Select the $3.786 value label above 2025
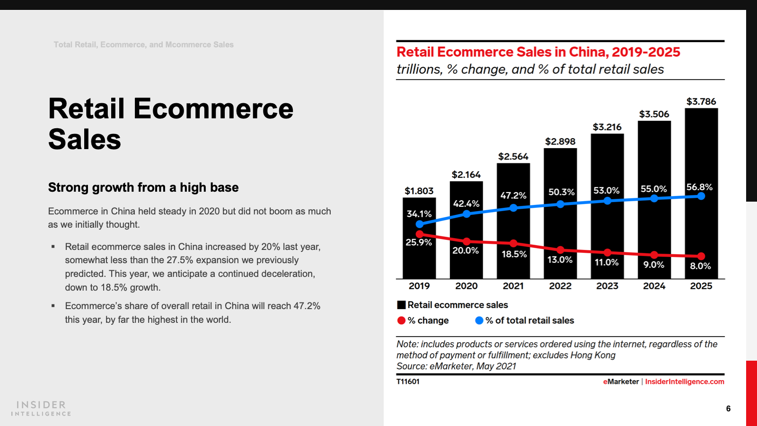tap(701, 101)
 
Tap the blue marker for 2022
tap(560, 204)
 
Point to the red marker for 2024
tap(654, 255)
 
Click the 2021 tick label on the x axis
tap(513, 286)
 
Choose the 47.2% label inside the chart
tap(513, 195)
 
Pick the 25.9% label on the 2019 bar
tap(419, 242)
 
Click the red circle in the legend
tap(401, 320)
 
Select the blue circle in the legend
tap(479, 320)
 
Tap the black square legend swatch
tap(401, 305)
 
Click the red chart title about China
tap(538, 52)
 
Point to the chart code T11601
tap(408, 382)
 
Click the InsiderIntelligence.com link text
tap(684, 382)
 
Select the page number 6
tap(728, 408)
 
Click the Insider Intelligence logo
tap(41, 408)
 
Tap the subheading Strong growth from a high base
tap(143, 187)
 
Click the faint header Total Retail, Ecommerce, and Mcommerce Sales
tap(143, 44)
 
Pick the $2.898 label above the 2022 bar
tap(560, 142)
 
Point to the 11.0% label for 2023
tap(607, 262)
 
